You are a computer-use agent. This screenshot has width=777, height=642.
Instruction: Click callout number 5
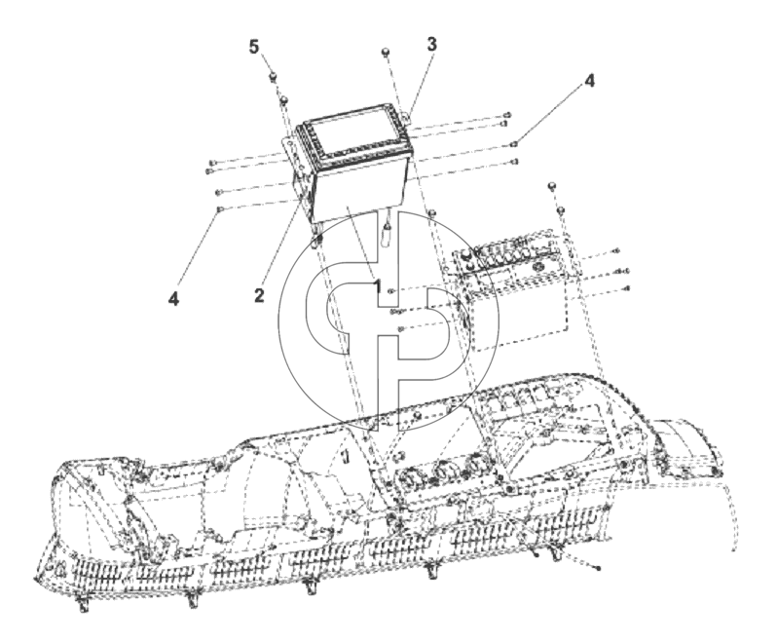pyautogui.click(x=254, y=48)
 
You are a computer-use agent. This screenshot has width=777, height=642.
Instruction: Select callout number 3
pyautogui.click(x=432, y=44)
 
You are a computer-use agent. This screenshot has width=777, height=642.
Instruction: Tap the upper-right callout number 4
pyautogui.click(x=589, y=81)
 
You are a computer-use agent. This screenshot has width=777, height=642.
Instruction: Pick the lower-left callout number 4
pyautogui.click(x=173, y=299)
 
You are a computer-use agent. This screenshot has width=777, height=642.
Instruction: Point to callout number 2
pyautogui.click(x=259, y=296)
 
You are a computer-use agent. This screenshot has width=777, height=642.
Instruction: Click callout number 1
pyautogui.click(x=378, y=286)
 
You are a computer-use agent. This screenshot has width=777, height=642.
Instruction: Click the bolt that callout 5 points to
pyautogui.click(x=273, y=77)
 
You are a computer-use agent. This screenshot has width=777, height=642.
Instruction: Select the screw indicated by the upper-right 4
pyautogui.click(x=515, y=144)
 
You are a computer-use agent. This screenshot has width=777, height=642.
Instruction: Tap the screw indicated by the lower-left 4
pyautogui.click(x=219, y=208)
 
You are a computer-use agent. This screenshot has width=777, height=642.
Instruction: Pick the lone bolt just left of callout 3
pyautogui.click(x=385, y=52)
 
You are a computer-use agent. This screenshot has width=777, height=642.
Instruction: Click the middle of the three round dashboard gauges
pyautogui.click(x=442, y=471)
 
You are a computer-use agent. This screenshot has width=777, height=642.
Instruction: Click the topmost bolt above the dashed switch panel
pyautogui.click(x=552, y=186)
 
